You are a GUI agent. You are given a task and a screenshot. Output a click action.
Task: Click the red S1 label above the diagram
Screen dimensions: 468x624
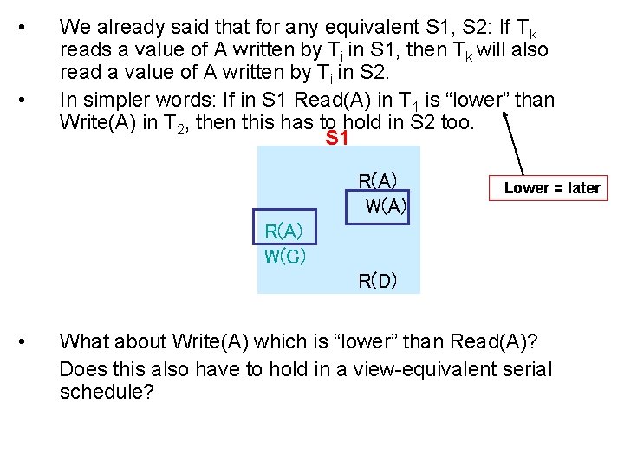point(336,139)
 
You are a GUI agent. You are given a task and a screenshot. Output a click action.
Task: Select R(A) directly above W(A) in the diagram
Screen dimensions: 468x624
point(377,182)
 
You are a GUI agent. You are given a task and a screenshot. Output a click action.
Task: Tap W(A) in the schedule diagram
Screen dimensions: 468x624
point(386,207)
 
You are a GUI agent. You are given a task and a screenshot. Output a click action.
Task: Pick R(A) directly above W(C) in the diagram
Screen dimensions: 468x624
point(283,231)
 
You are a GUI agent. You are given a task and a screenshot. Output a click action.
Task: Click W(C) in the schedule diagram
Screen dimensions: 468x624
point(285,257)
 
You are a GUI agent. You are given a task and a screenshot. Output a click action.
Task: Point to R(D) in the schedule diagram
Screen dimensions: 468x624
point(378,281)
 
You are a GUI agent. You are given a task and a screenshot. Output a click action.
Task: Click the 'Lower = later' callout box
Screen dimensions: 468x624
point(551,188)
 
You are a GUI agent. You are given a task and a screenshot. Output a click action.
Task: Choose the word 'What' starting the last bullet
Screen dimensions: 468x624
point(85,341)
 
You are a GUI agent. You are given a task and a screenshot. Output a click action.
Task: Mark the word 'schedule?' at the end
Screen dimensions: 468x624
point(107,393)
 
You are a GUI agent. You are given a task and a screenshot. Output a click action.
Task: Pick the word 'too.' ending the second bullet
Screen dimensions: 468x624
point(457,122)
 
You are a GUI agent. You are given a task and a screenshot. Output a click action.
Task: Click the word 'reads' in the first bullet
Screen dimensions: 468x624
point(85,50)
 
